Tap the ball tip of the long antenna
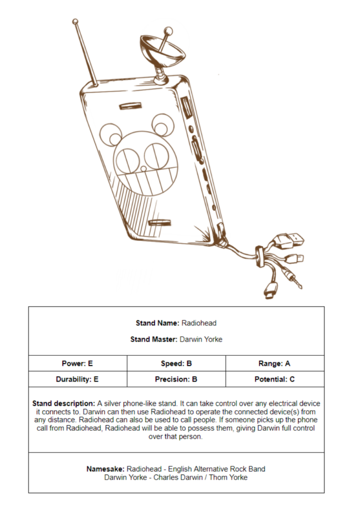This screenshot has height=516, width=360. point(76,22)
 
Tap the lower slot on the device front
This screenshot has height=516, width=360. point(160,222)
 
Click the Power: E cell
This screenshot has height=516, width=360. point(78,363)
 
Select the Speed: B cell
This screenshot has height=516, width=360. point(176,363)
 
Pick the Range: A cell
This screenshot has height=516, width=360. point(274,363)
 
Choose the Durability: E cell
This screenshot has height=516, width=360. point(78,379)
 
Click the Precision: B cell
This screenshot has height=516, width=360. point(176,379)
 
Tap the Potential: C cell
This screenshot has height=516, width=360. point(274,379)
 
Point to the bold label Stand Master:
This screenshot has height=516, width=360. point(154,339)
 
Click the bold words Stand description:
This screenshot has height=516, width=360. point(63,404)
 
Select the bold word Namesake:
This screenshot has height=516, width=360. point(105,469)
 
